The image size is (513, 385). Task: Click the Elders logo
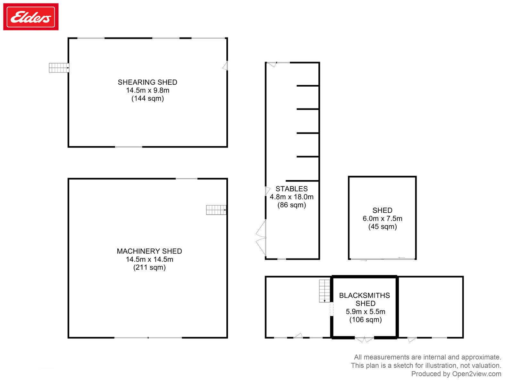pyautogui.click(x=30, y=17)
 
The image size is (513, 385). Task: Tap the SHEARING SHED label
pyautogui.click(x=147, y=82)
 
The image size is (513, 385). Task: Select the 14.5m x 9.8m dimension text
pyautogui.click(x=147, y=90)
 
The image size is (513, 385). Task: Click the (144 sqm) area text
pyautogui.click(x=147, y=98)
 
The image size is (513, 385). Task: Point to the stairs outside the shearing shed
pyautogui.click(x=59, y=68)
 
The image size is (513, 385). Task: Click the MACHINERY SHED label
pyautogui.click(x=149, y=251)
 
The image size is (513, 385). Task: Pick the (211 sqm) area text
pyautogui.click(x=149, y=267)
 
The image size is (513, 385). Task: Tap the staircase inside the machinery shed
pyautogui.click(x=216, y=210)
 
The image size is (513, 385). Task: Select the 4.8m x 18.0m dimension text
pyautogui.click(x=291, y=197)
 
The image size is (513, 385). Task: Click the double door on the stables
pyautogui.click(x=261, y=237)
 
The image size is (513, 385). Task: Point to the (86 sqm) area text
pyautogui.click(x=291, y=205)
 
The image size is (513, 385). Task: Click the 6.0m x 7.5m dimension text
pyautogui.click(x=382, y=218)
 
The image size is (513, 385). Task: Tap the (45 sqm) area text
pyautogui.click(x=383, y=227)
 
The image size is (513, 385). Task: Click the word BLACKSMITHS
pyautogui.click(x=364, y=295)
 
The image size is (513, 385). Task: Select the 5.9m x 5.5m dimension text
pyautogui.click(x=365, y=312)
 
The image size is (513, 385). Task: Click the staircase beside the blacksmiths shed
pyautogui.click(x=324, y=291)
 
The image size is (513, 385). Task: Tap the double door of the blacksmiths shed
pyautogui.click(x=364, y=339)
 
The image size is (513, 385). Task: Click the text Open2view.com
pyautogui.click(x=476, y=374)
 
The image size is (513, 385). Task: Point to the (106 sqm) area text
pyautogui.click(x=365, y=320)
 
